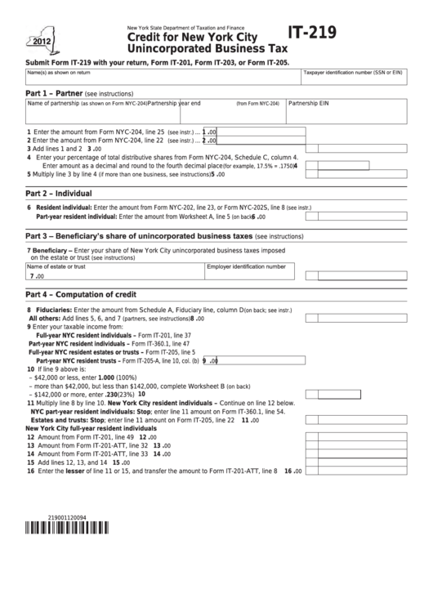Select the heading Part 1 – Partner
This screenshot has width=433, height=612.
point(54,93)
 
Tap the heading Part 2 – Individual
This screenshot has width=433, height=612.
point(58,194)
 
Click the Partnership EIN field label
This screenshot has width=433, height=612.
point(309,104)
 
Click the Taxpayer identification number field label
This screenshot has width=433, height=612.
point(353,73)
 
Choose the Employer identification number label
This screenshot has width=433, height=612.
point(246,266)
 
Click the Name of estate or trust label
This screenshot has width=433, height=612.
point(56,266)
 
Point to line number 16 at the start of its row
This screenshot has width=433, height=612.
point(30,471)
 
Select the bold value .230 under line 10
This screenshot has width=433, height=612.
point(113,394)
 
